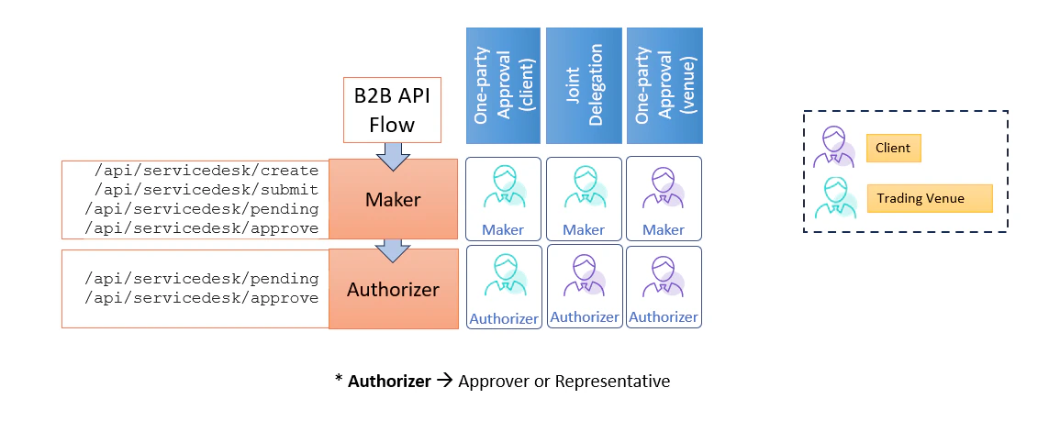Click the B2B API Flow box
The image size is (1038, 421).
[x=392, y=110]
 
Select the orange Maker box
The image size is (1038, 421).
[x=393, y=199]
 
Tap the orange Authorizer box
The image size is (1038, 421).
[x=393, y=289]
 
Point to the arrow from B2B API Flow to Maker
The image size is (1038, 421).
[x=393, y=156]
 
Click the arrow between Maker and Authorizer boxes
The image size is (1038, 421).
[x=393, y=248]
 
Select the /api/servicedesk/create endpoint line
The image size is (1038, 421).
[x=206, y=171]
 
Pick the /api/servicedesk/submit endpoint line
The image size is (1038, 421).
[x=206, y=190]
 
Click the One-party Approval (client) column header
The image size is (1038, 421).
[x=502, y=85]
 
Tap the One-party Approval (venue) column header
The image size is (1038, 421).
[x=663, y=85]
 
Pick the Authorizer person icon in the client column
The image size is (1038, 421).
[x=503, y=278]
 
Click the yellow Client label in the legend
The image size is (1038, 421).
[x=893, y=148]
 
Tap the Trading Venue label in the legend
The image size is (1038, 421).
[x=929, y=198]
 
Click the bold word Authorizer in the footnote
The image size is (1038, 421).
[x=389, y=381]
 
